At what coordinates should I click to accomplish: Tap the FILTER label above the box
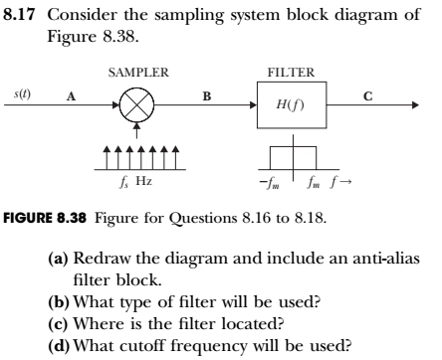pos(291,73)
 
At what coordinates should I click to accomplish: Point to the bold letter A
pos(70,96)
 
